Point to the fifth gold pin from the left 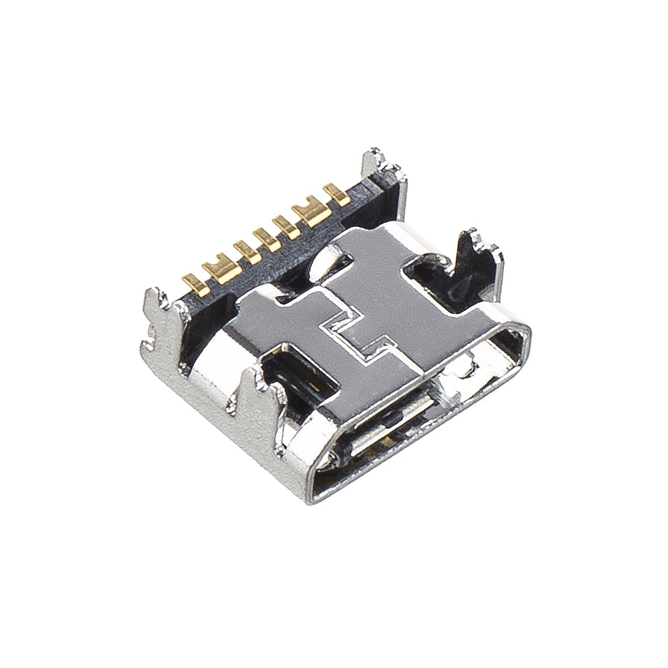tap(285, 224)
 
